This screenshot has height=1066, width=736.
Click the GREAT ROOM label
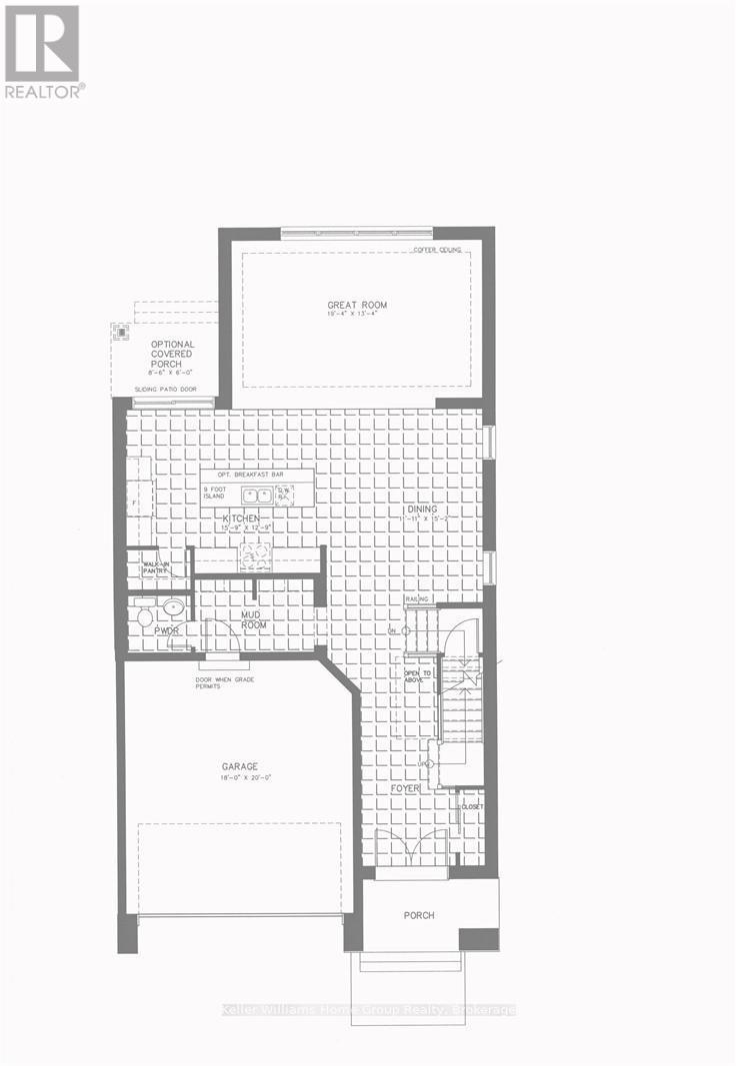357,306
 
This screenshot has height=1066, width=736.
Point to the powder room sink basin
172,605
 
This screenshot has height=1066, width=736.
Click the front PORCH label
419,915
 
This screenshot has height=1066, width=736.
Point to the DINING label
421,509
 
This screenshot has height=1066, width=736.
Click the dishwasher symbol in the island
285,493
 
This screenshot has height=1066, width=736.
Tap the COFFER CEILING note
437,249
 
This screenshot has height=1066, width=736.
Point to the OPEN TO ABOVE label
417,677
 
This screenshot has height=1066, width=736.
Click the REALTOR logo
42,50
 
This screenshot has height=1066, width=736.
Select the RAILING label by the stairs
417,599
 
